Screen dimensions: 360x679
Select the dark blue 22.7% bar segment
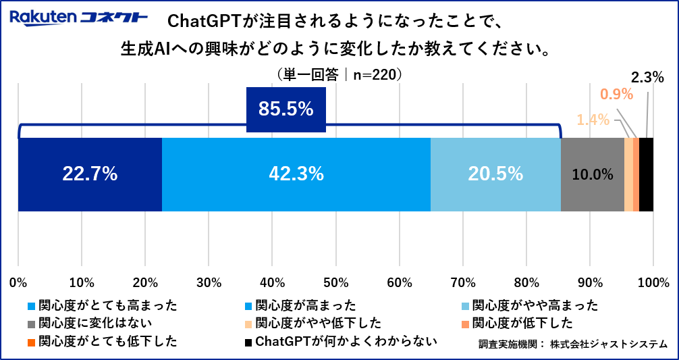coord(90,174)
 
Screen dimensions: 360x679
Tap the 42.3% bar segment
coord(296,174)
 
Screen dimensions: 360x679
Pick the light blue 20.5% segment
coord(495,174)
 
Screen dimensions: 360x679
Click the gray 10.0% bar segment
coord(592,174)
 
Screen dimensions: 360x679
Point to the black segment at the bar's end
coord(646,174)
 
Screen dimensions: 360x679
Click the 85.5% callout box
coord(286,109)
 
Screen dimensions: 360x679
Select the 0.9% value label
coord(616,95)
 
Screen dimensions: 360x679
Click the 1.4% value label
coord(593,120)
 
